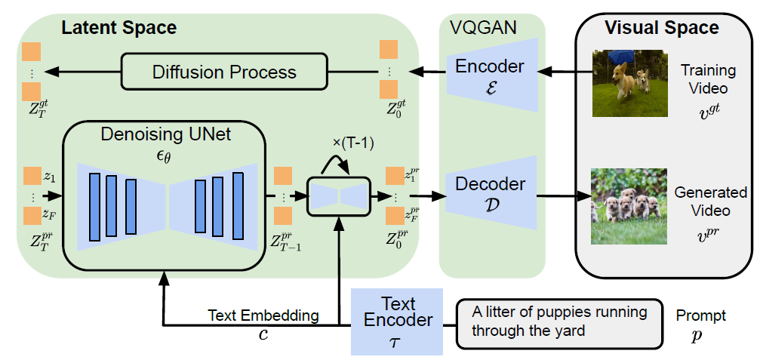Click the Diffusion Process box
(x=224, y=72)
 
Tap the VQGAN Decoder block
(x=489, y=192)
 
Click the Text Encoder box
(x=397, y=320)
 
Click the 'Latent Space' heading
(x=118, y=29)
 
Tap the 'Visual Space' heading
(x=661, y=29)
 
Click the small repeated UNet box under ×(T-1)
(x=340, y=196)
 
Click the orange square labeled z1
(x=32, y=177)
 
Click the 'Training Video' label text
(x=708, y=78)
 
